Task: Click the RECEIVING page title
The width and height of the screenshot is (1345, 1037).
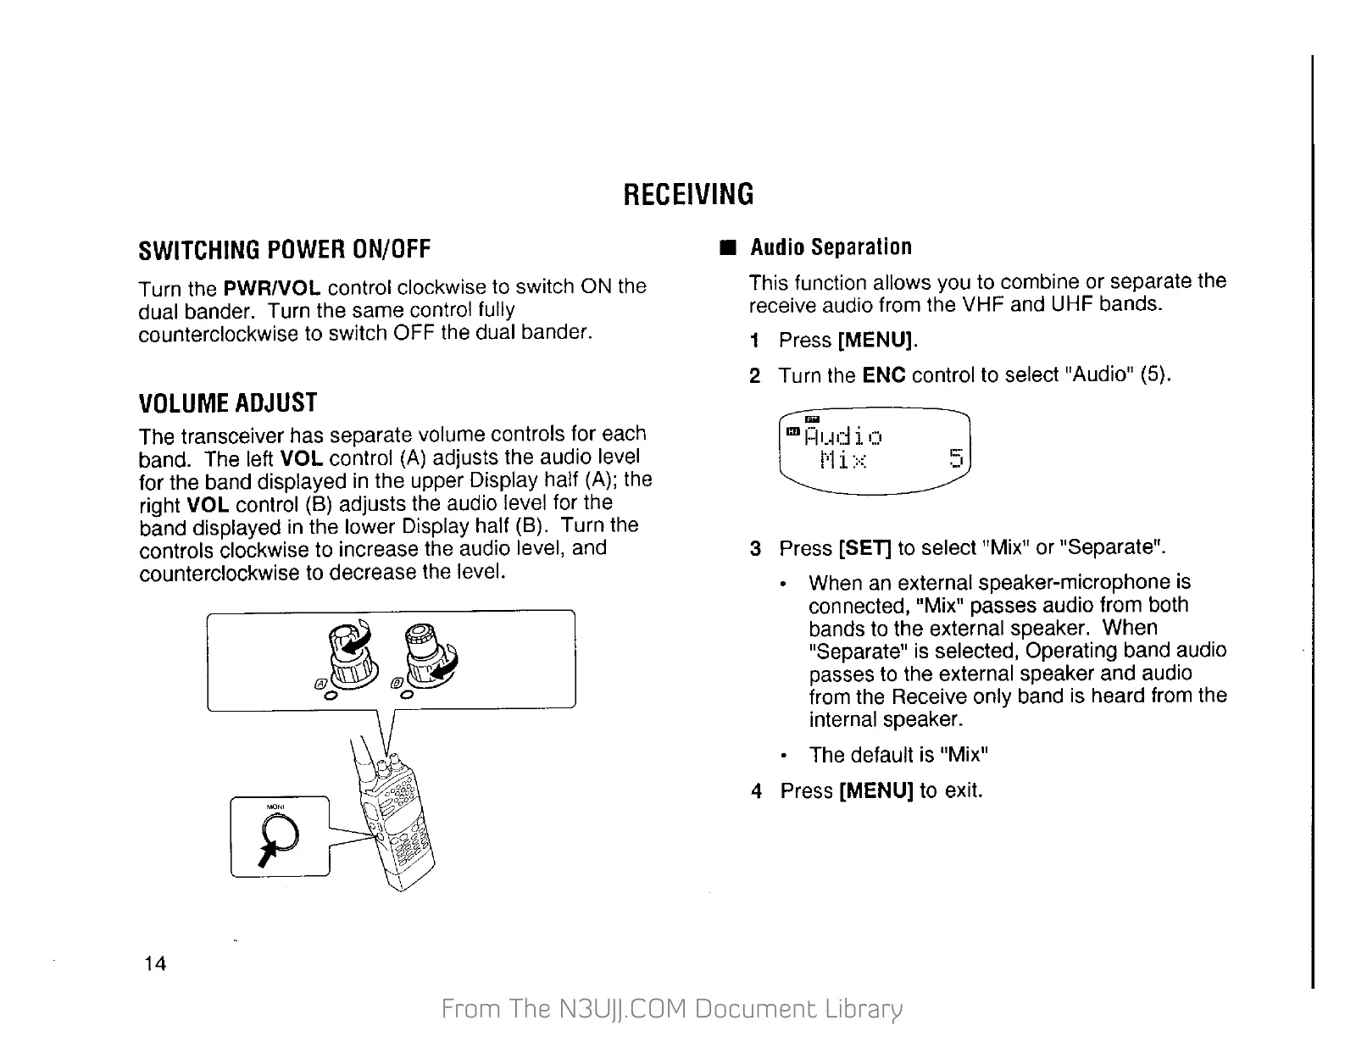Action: (687, 194)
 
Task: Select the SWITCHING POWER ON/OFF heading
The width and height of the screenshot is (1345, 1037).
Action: (285, 250)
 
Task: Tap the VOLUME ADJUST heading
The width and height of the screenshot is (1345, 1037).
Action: (227, 402)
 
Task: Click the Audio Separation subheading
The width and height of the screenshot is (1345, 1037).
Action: (831, 247)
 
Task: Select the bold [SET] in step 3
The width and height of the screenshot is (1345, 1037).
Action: (864, 549)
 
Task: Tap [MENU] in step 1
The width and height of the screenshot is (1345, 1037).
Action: (876, 341)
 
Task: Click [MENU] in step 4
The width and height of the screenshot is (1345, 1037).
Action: (875, 791)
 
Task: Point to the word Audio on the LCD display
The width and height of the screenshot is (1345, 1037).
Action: (842, 438)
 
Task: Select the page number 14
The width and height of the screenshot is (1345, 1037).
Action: (155, 963)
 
